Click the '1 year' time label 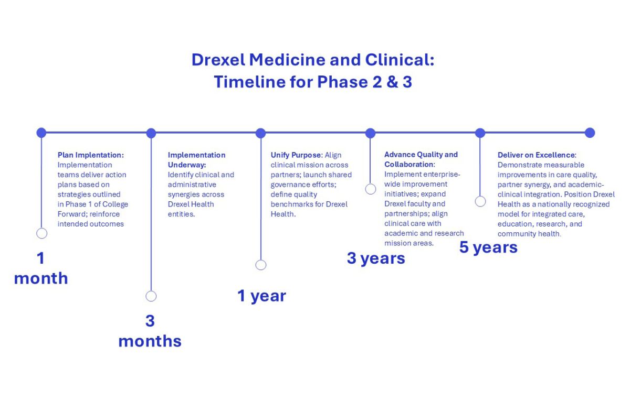coord(261,296)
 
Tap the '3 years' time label coord(376,258)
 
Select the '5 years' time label coord(488,247)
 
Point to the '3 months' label coord(150,331)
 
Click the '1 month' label coord(41,268)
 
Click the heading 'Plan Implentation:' coord(90,155)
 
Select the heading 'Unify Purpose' coord(296,155)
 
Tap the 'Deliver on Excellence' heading coord(537,155)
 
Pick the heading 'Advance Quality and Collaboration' coord(421,159)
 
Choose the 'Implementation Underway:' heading coord(196,160)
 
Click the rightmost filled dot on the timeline coord(590,133)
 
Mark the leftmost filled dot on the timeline coord(41,133)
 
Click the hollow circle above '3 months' coord(151,296)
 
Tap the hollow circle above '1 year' coord(261,265)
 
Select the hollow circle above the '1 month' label coord(42,233)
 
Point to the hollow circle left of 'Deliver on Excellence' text coord(480,201)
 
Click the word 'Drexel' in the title coord(218,60)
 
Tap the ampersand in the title coord(392,82)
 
